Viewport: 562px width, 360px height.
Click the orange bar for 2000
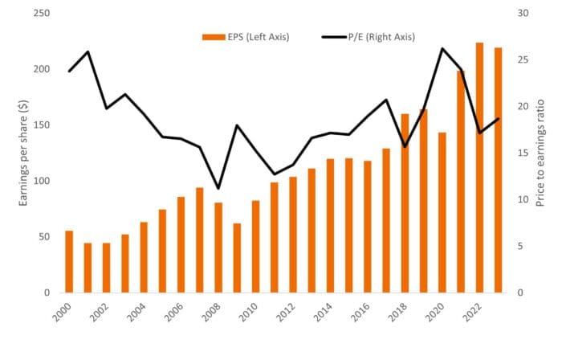point(69,262)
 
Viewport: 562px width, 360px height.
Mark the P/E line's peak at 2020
point(442,48)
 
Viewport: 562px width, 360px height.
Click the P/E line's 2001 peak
point(88,51)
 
